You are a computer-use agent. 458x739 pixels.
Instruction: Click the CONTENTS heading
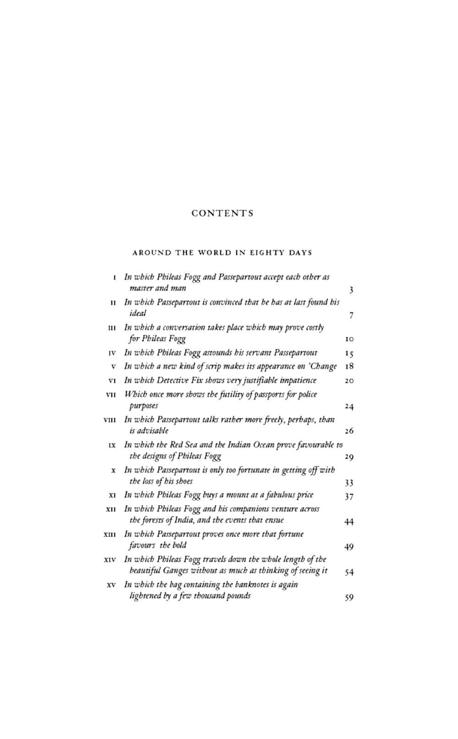[x=222, y=214]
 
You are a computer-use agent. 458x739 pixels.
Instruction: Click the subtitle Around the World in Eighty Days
[x=222, y=252]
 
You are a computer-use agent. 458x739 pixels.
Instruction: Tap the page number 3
[x=351, y=290]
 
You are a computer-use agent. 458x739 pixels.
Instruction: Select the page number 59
[x=349, y=597]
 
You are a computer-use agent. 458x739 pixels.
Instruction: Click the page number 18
[x=349, y=367]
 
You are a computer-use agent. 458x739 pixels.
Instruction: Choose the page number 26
[x=349, y=431]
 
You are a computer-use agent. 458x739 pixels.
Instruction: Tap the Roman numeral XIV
[x=110, y=559]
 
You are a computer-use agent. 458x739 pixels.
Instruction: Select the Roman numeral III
[x=111, y=328]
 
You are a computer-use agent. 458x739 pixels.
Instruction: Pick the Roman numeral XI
[x=112, y=495]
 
